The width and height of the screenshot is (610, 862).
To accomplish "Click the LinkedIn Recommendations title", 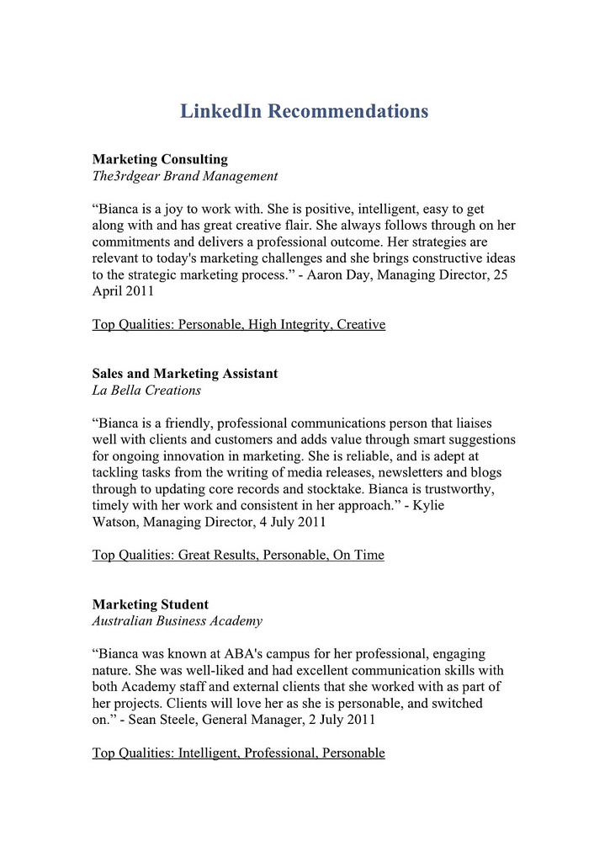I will (x=305, y=111).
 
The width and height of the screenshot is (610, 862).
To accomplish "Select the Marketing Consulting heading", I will (x=160, y=158).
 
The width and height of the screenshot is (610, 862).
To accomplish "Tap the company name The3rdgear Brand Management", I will (x=184, y=176).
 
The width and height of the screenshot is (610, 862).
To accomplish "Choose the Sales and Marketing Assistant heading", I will (x=184, y=373).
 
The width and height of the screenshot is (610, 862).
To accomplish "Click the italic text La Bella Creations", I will (x=146, y=391).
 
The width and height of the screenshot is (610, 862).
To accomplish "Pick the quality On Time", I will (x=358, y=555).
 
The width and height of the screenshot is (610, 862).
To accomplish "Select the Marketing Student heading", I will (x=150, y=604).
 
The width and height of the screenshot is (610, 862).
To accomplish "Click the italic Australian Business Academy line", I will (x=177, y=621).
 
